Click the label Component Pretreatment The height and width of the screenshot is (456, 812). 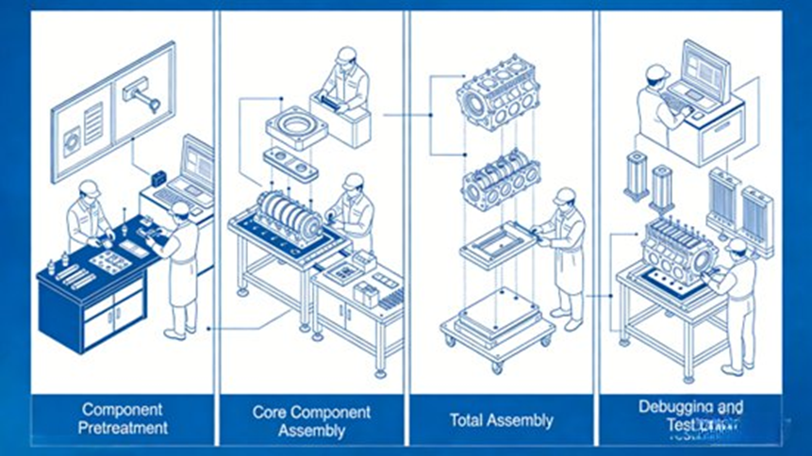pyautogui.click(x=123, y=418)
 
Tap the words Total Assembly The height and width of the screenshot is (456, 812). pyautogui.click(x=501, y=420)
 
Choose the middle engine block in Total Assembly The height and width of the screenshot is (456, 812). pyautogui.click(x=500, y=178)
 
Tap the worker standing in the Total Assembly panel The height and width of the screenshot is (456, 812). pyautogui.click(x=565, y=254)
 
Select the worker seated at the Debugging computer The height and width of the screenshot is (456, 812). pyautogui.click(x=655, y=104)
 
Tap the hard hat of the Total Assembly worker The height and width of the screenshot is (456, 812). pyautogui.click(x=565, y=195)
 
